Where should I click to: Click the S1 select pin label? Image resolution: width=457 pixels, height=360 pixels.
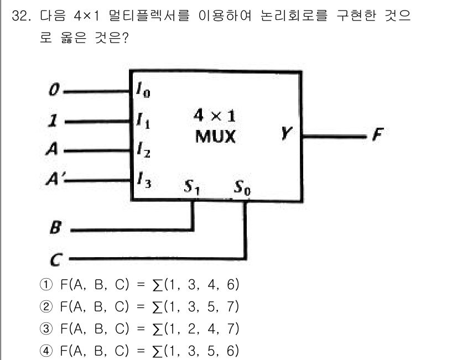[x=192, y=190]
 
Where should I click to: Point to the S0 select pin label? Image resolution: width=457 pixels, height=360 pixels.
[x=242, y=190]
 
